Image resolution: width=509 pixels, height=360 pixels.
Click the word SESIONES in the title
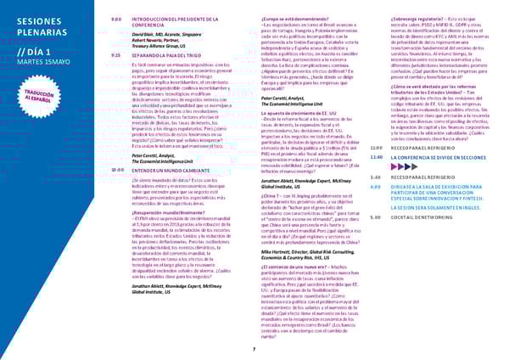click(x=34, y=19)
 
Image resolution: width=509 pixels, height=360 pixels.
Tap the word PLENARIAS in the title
click(x=36, y=32)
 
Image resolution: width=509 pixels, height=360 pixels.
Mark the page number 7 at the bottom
click(x=255, y=350)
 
